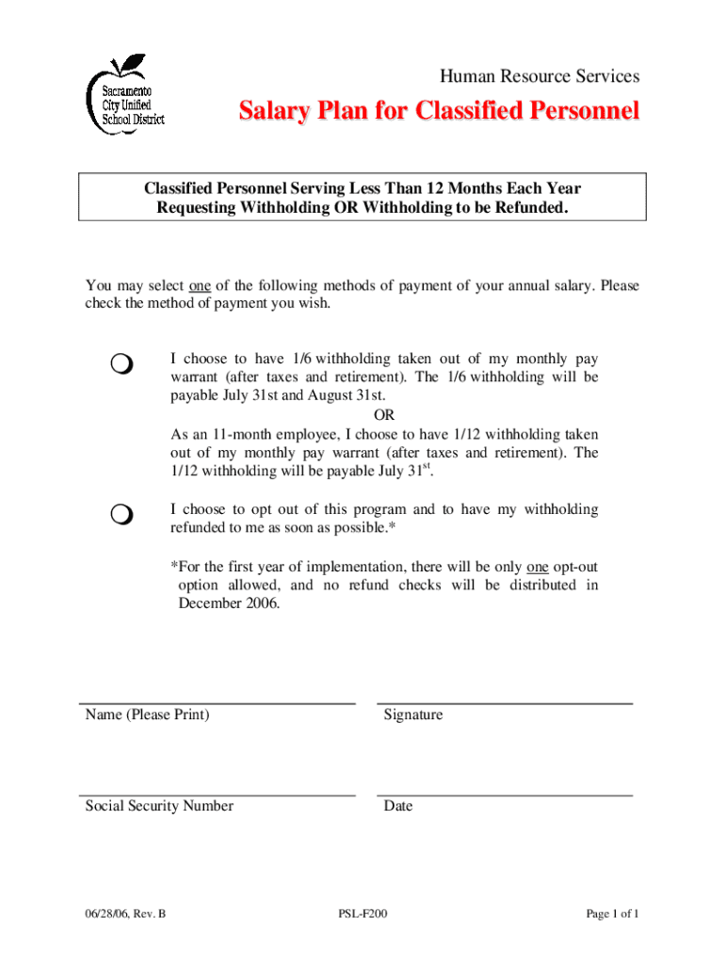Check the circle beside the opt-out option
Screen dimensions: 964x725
121,514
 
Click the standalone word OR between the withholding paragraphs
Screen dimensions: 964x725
384,415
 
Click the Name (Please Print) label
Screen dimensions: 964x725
148,715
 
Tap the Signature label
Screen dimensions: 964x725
413,715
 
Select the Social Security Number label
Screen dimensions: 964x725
159,806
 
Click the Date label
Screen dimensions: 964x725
398,806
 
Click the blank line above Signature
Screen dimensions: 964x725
505,702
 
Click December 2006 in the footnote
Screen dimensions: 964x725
229,603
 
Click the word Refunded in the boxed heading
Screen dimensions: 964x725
525,207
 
